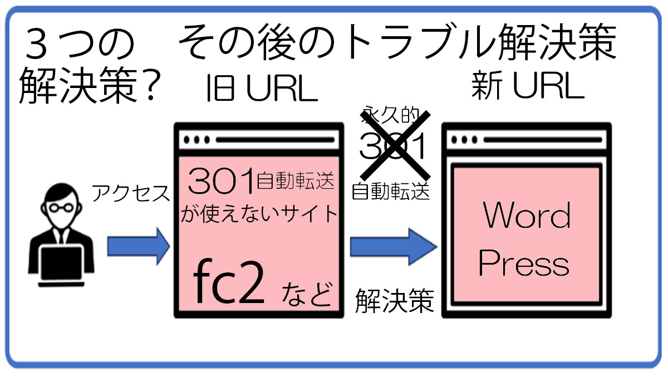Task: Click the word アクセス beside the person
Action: point(130,193)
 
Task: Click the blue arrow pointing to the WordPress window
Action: point(391,246)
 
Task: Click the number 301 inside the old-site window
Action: point(221,181)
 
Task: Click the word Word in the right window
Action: point(527,216)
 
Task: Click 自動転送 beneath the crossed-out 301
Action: point(391,191)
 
